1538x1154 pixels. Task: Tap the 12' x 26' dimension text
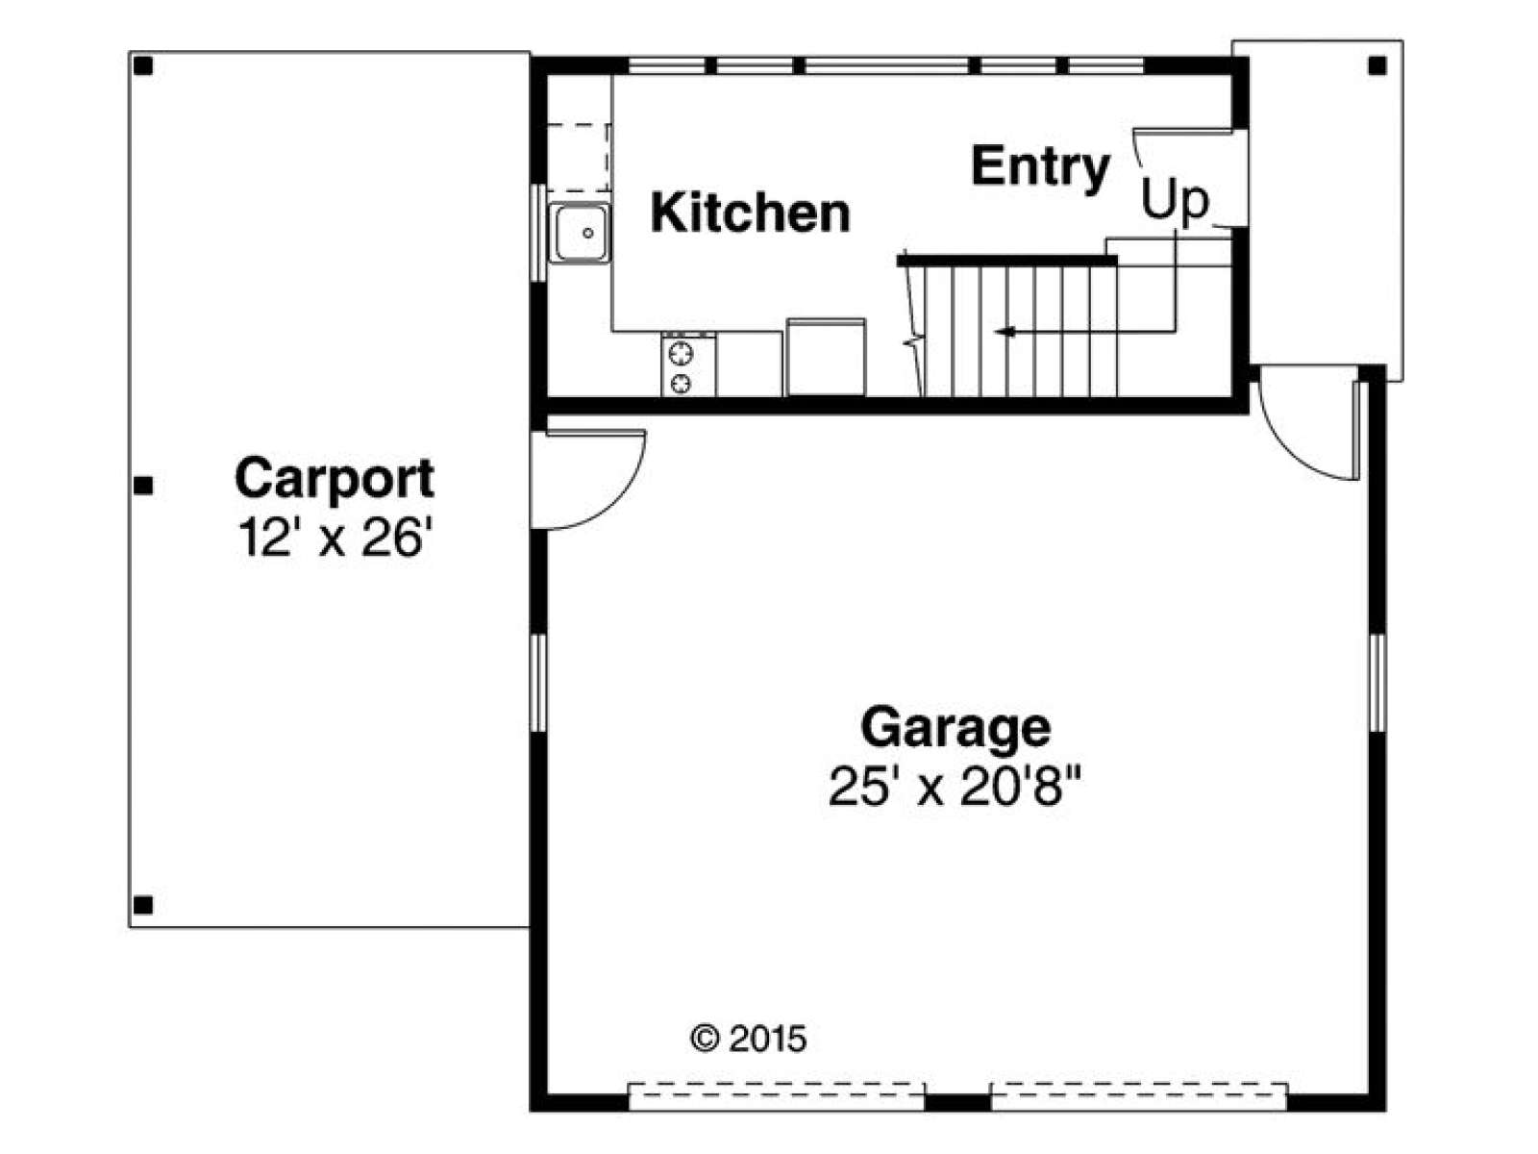tap(333, 538)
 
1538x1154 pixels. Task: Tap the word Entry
tap(1040, 169)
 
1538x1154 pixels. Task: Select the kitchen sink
tap(580, 233)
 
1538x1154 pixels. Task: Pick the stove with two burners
tap(688, 364)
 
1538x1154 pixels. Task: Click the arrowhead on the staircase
tap(1005, 332)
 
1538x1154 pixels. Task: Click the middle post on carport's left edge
tap(143, 485)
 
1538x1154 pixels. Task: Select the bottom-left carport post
tap(143, 905)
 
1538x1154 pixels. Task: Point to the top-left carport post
tap(143, 65)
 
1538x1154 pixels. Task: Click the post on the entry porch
tap(1377, 65)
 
